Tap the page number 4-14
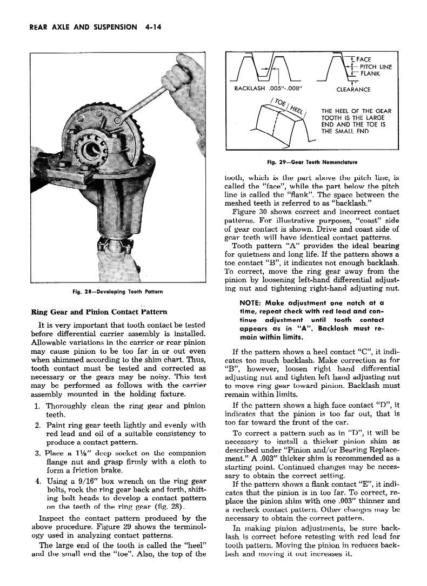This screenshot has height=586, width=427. tap(152, 27)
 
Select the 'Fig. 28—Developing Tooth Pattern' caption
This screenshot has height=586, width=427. tap(118, 292)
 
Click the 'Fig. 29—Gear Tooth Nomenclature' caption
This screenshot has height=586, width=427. tap(312, 161)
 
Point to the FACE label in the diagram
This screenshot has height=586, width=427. tap(364, 59)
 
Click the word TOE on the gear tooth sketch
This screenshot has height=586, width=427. tap(281, 102)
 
